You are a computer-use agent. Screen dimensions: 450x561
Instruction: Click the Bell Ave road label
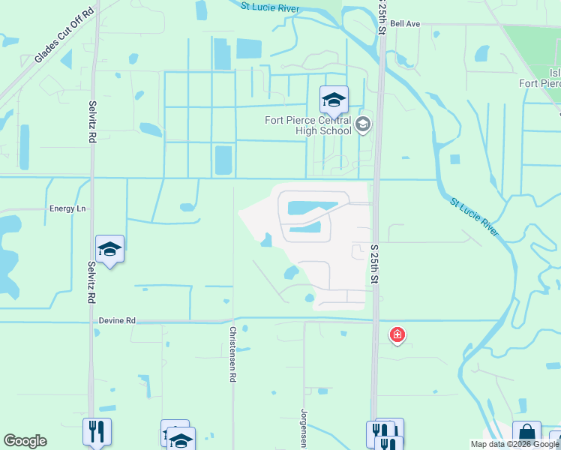click(405, 24)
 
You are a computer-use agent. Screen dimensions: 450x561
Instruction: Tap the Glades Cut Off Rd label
click(65, 36)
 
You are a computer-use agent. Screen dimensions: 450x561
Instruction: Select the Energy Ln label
click(68, 208)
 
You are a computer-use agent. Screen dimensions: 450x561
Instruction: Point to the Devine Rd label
click(117, 321)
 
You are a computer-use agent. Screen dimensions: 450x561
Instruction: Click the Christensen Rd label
click(232, 354)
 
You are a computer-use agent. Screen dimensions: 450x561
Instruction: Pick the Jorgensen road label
click(304, 428)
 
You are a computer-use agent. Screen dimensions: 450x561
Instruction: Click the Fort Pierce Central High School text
click(307, 125)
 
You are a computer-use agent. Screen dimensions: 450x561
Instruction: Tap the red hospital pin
click(397, 334)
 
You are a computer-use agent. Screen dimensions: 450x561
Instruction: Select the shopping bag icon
click(526, 433)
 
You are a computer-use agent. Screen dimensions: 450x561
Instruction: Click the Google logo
click(25, 441)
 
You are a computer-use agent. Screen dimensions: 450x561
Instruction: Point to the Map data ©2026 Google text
click(515, 444)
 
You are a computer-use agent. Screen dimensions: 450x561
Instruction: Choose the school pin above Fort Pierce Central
click(334, 99)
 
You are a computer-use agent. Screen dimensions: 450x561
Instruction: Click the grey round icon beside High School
click(363, 124)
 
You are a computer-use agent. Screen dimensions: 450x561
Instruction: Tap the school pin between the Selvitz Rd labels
click(109, 250)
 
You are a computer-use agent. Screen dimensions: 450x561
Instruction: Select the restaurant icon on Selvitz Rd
click(97, 431)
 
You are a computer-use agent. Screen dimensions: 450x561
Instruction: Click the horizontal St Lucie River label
click(270, 7)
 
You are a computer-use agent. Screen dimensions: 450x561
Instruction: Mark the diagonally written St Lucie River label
click(475, 217)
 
